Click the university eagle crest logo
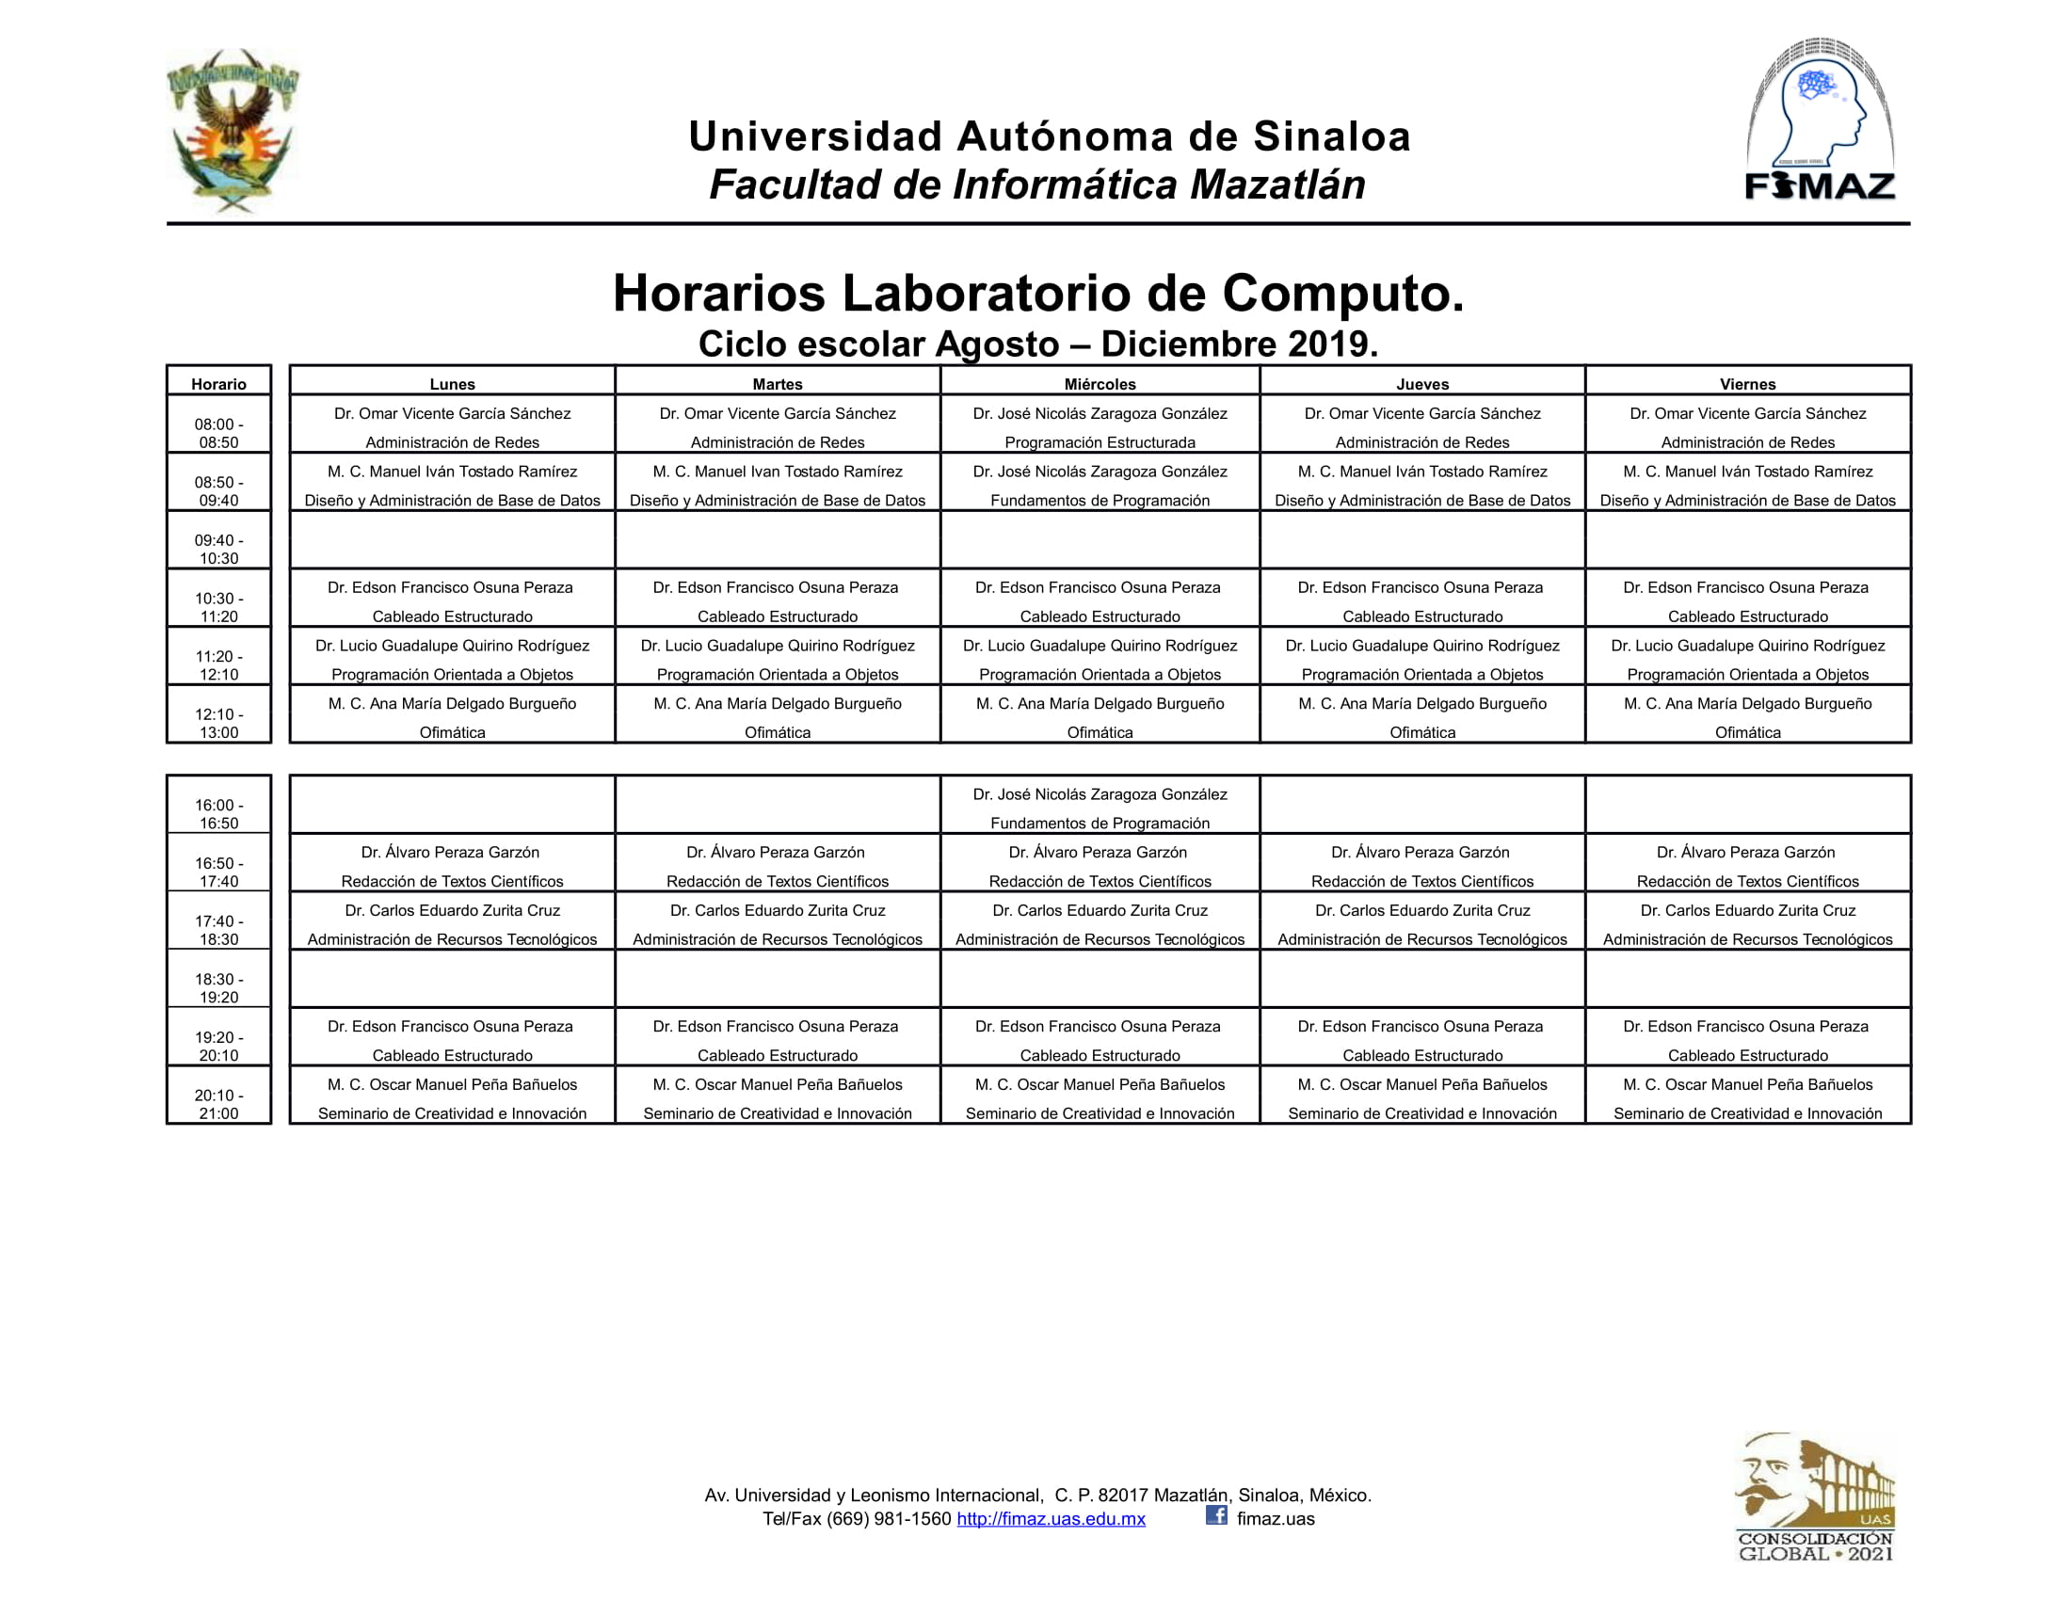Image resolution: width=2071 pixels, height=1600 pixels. pyautogui.click(x=233, y=130)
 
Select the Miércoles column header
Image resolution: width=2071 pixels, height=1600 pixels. pyautogui.click(x=1100, y=383)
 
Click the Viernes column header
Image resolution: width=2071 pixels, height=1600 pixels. pyautogui.click(x=1748, y=383)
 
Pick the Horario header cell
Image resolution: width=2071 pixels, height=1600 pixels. pyautogui.click(x=219, y=383)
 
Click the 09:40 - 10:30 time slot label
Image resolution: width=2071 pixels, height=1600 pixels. pyautogui.click(x=219, y=549)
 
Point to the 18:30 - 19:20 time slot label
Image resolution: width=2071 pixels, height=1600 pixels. pyautogui.click(x=219, y=987)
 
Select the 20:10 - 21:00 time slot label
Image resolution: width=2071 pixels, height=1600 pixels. pyautogui.click(x=219, y=1103)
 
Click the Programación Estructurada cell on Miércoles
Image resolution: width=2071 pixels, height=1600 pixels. pyautogui.click(x=1100, y=427)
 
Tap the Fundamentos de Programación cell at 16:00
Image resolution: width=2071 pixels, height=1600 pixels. pyautogui.click(x=1100, y=808)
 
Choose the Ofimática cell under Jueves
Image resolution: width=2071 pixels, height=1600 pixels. pyautogui.click(x=1422, y=717)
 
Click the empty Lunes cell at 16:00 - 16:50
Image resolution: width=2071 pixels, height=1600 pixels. pyautogui.click(x=452, y=805)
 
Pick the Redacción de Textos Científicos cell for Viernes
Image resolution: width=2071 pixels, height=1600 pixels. pyautogui.click(x=1748, y=866)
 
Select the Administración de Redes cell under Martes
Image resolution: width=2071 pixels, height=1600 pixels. pyautogui.click(x=778, y=427)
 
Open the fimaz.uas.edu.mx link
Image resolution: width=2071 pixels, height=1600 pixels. pyautogui.click(x=1051, y=1518)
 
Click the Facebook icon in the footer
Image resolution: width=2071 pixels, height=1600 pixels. pyautogui.click(x=1215, y=1514)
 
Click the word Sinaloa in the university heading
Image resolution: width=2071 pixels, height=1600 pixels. pyautogui.click(x=1332, y=136)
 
